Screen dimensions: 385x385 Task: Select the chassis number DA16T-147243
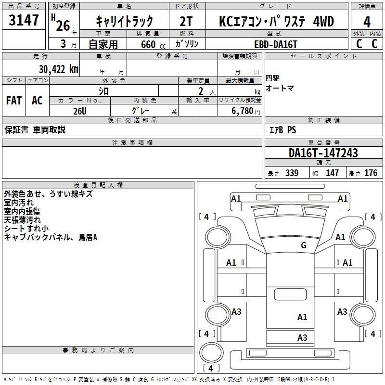pos(323,153)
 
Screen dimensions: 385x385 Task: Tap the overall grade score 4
pos(367,22)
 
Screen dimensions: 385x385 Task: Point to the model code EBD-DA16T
pos(276,44)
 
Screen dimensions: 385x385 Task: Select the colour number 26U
pos(79,111)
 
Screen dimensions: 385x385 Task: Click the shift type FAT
pos(14,101)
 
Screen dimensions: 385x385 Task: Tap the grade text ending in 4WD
pos(276,22)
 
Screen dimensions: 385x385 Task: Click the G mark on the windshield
pos(303,245)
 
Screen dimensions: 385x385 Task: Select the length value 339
pos(291,173)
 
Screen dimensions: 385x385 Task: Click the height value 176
pos(371,173)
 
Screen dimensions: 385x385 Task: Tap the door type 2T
pos(187,22)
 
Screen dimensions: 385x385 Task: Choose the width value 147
pos(332,173)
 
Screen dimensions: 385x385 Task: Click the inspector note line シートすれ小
pos(26,229)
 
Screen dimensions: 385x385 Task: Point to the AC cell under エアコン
pos(37,101)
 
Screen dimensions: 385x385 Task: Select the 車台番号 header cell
pos(323,143)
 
